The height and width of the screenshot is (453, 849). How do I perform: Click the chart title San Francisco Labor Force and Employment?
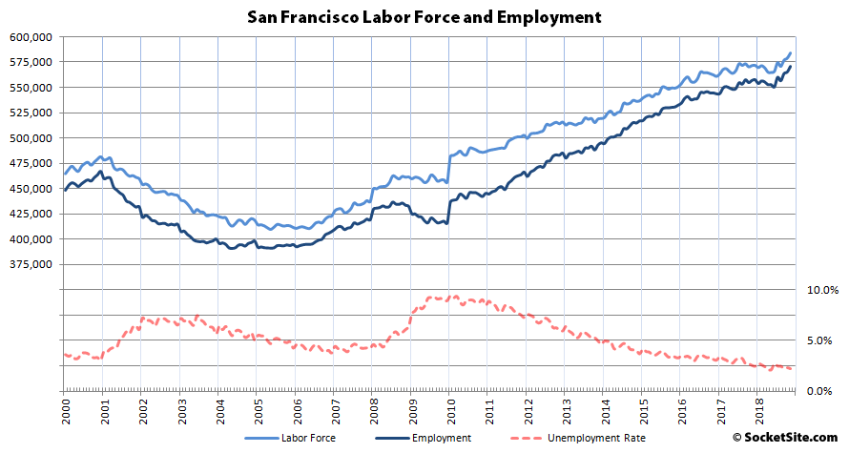point(424,16)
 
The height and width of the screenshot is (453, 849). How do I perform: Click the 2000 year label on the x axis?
point(64,407)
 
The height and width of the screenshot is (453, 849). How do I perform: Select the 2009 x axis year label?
point(411,407)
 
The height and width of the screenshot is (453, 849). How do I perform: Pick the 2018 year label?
point(757,407)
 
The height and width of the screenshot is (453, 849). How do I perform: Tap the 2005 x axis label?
point(257,407)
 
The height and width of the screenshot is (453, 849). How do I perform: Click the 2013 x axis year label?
point(565,407)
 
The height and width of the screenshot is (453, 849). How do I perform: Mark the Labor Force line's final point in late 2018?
point(791,53)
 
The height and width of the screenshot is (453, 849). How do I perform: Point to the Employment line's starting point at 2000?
point(65,191)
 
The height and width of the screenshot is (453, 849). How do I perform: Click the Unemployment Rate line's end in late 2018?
point(791,369)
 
